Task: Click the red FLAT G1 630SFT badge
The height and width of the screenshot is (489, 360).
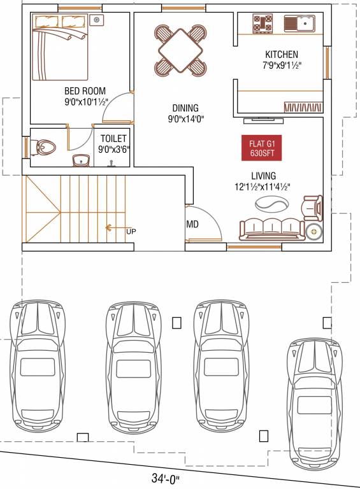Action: [261, 148]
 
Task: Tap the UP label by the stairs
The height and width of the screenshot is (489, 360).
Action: [131, 230]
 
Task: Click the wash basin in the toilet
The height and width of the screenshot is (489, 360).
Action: [81, 159]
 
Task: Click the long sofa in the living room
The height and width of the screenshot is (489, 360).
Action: [269, 228]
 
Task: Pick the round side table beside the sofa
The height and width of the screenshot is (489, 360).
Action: [313, 232]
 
